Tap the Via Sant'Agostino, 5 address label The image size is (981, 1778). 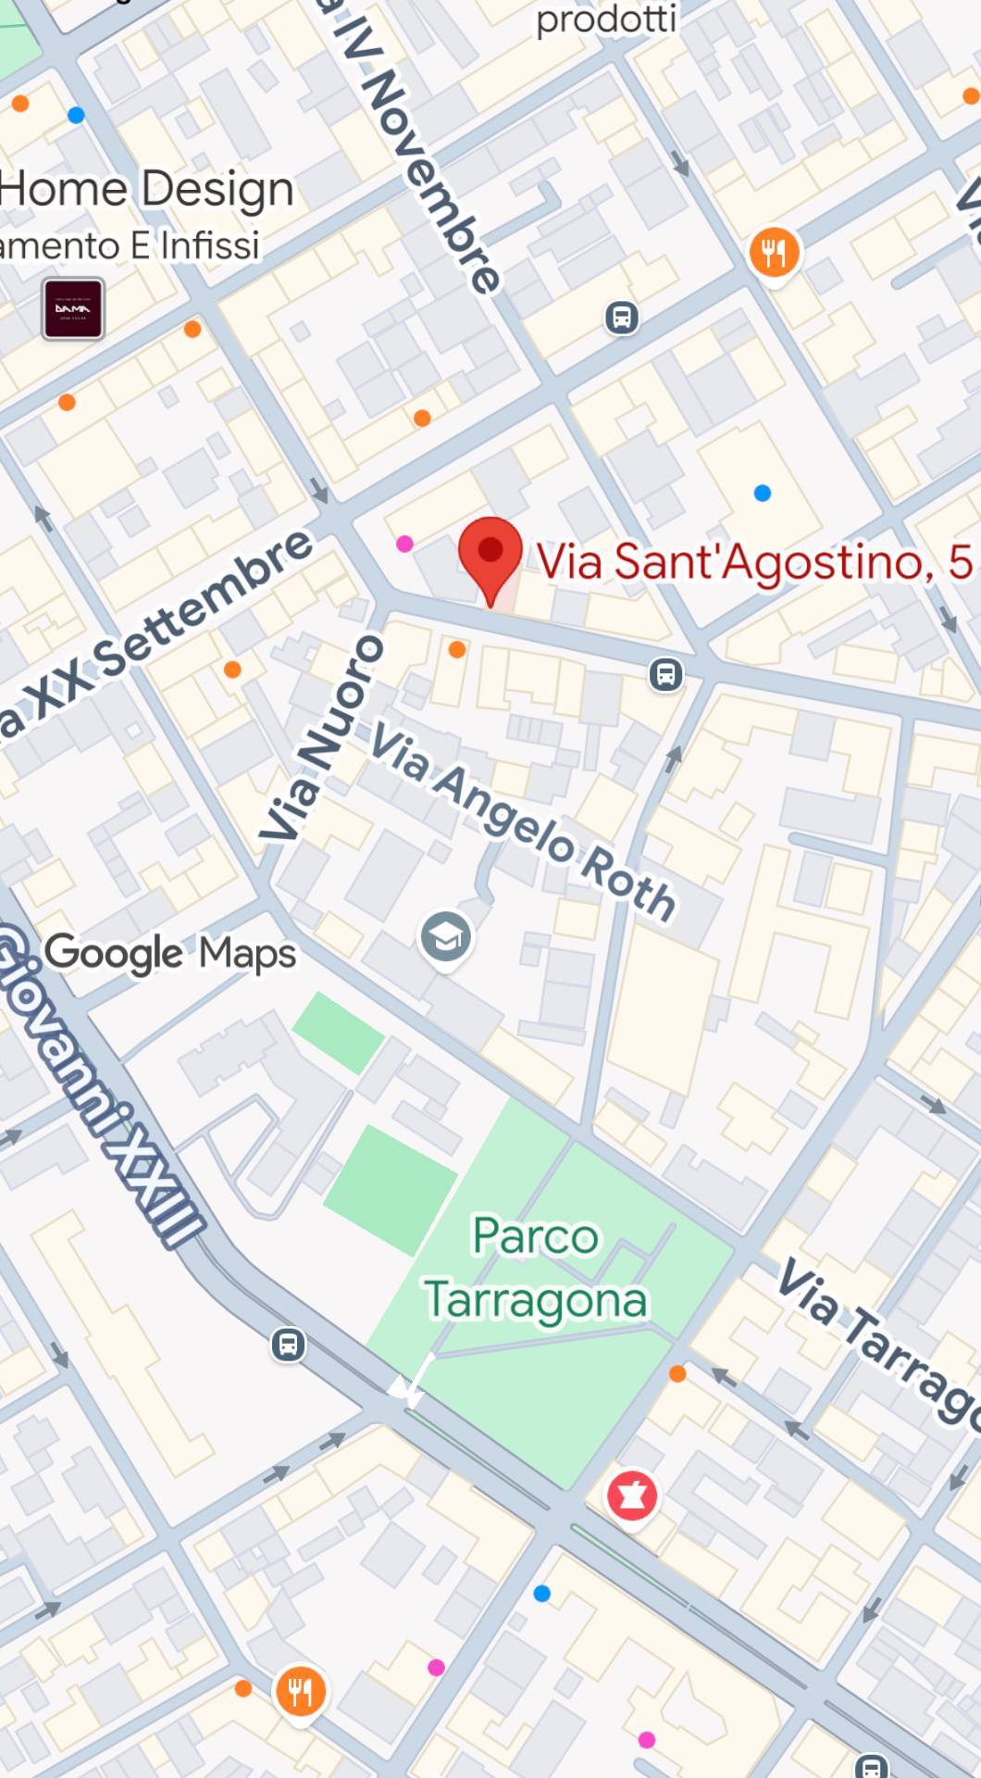point(754,561)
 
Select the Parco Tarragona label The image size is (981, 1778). point(536,1269)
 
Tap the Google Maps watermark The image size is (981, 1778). point(170,953)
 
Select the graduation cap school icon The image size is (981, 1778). point(446,937)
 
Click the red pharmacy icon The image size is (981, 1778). point(632,1495)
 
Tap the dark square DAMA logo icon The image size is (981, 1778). point(73,308)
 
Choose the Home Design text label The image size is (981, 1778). point(146,189)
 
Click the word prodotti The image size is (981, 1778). point(606,19)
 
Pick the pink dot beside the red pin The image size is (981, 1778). point(404,544)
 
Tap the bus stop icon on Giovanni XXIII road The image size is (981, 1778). point(288,1343)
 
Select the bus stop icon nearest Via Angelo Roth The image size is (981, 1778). point(665,674)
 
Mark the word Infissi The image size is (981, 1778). point(210,246)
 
